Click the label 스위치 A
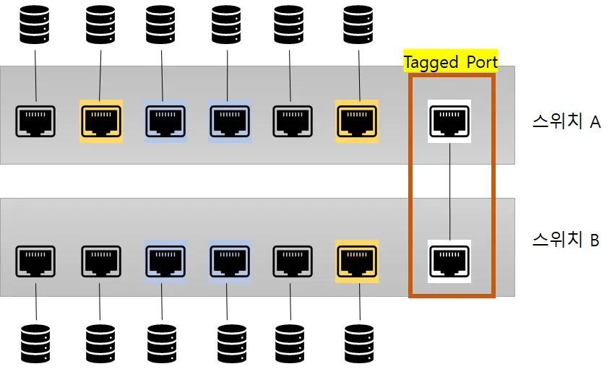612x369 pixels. tap(566, 122)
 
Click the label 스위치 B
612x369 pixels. tap(565, 240)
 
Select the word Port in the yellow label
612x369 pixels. tap(480, 62)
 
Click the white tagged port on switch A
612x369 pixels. tap(449, 121)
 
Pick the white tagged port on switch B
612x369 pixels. tap(449, 260)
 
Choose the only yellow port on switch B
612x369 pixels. tap(357, 260)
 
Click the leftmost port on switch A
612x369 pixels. tap(35, 121)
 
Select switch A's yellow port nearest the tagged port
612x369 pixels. tap(357, 121)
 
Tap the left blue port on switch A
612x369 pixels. tap(165, 121)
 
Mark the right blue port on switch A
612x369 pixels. tap(230, 121)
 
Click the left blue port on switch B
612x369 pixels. tap(165, 260)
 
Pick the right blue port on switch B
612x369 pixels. tap(230, 260)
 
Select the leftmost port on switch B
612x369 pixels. tap(35, 260)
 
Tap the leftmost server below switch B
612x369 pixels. tap(35, 343)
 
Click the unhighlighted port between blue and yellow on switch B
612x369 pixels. tap(293, 260)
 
